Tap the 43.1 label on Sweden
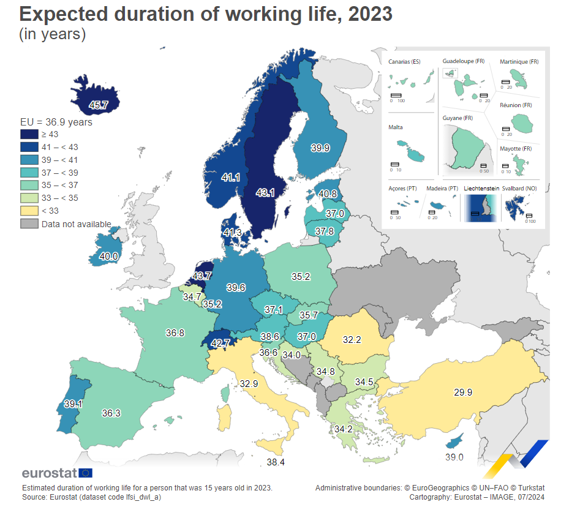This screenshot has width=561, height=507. click(265, 193)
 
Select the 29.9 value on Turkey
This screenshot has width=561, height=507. click(463, 392)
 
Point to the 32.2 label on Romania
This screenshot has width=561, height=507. click(352, 339)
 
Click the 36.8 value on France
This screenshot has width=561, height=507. click(175, 333)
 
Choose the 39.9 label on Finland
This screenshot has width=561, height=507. click(320, 148)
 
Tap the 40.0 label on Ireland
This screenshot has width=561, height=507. click(108, 257)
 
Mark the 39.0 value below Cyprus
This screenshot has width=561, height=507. click(454, 457)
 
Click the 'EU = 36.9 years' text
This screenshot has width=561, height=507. click(56, 122)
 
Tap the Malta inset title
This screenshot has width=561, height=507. click(396, 127)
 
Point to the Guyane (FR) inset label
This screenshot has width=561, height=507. click(457, 118)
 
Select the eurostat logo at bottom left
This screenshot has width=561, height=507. click(57, 473)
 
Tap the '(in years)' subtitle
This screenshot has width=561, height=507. click(53, 34)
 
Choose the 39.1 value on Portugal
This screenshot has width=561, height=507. click(73, 405)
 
